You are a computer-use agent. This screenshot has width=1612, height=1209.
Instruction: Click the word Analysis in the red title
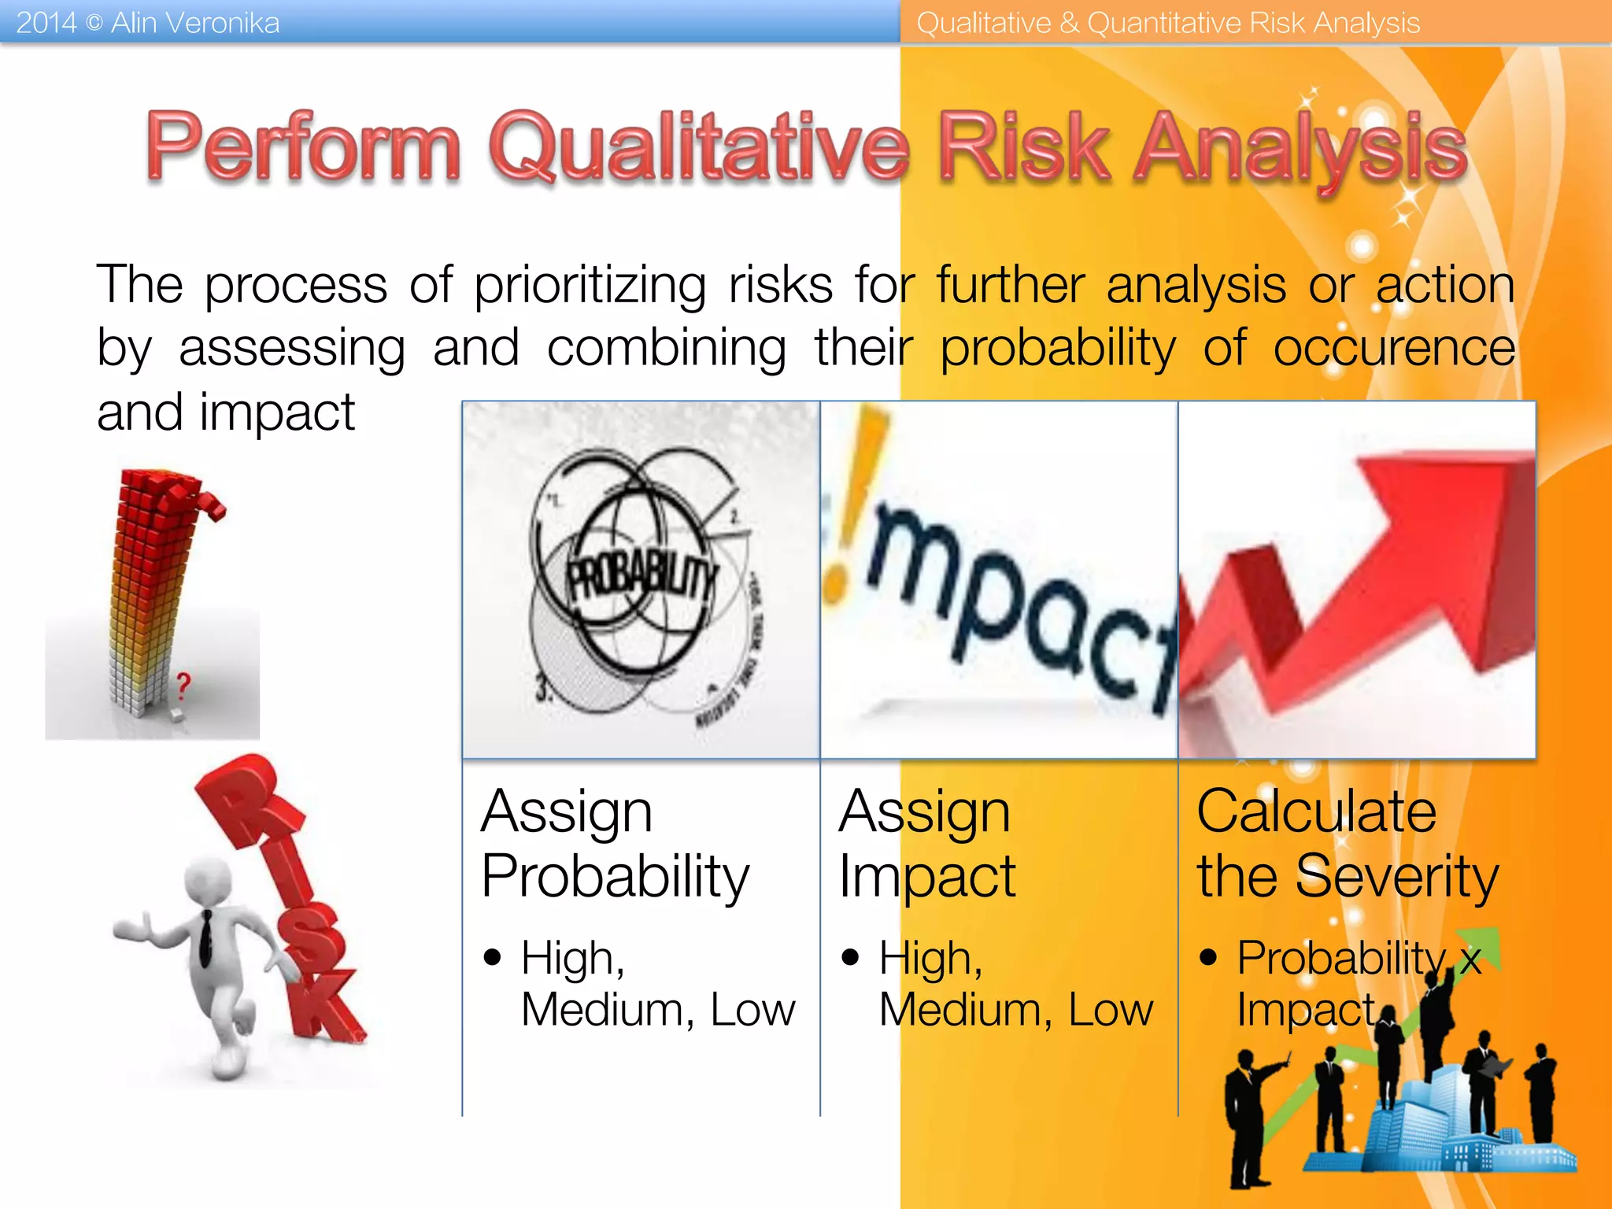click(x=1299, y=148)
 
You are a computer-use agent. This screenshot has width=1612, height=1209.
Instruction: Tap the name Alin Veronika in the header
click(x=194, y=22)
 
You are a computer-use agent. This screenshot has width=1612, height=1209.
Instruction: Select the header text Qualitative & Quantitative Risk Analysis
click(x=1167, y=22)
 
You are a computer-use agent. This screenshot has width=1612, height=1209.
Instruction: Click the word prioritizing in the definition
click(x=590, y=285)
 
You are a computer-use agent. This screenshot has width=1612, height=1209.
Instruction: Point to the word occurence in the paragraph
click(x=1393, y=348)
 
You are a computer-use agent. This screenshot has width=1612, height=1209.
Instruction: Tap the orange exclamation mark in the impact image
click(x=856, y=504)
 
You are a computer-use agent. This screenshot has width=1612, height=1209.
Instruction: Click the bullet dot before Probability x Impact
click(x=1208, y=957)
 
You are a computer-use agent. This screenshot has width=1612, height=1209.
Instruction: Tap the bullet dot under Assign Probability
click(x=493, y=957)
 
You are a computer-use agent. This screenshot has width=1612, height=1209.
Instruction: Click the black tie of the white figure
click(x=205, y=937)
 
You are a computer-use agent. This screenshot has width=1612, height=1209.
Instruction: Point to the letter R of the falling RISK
click(x=244, y=811)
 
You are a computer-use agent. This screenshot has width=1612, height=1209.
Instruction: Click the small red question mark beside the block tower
click(x=183, y=685)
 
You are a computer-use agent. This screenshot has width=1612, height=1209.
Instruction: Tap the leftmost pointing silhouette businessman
click(x=1248, y=1118)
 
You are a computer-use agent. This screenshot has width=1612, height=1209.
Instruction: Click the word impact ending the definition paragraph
click(x=277, y=412)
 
